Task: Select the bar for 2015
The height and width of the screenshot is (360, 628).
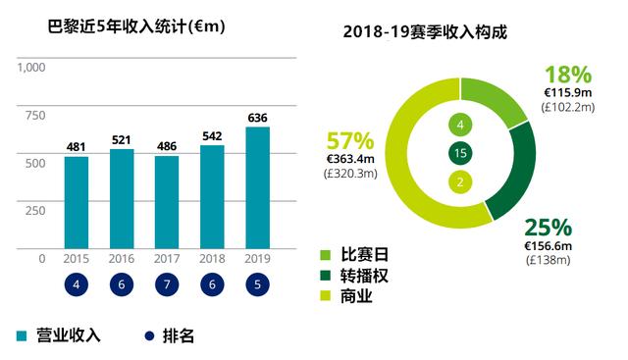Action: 77,202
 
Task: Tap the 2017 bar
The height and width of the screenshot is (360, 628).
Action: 167,201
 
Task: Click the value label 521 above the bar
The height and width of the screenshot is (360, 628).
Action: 122,138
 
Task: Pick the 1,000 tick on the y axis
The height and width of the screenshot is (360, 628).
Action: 31,68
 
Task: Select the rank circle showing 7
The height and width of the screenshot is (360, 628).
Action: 167,285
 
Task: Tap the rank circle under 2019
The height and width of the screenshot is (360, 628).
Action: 257,285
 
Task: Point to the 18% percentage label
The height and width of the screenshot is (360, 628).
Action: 567,75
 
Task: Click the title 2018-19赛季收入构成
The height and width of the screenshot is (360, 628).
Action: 424,31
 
